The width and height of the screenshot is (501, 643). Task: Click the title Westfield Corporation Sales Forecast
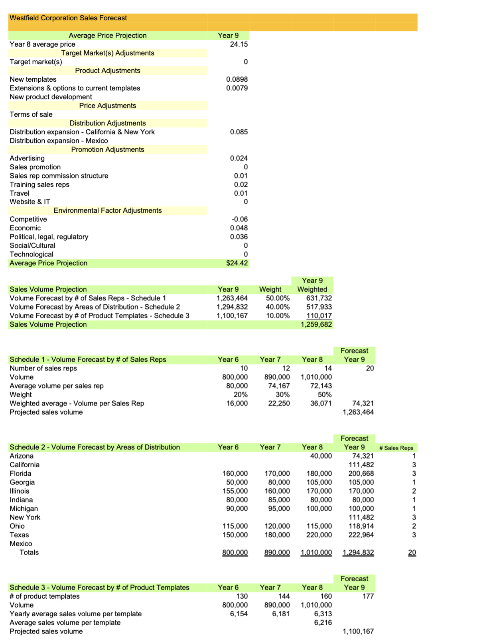[x=68, y=18]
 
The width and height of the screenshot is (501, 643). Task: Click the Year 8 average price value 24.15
[x=239, y=44]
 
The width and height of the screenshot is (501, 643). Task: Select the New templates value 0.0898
[x=237, y=79]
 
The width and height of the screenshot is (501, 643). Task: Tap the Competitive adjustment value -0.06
[x=239, y=219]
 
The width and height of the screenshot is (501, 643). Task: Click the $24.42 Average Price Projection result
[x=237, y=263]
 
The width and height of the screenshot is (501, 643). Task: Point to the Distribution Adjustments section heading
[x=108, y=123]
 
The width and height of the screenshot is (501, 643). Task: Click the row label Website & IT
[x=30, y=202]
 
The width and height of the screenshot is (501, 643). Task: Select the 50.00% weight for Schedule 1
[x=278, y=298]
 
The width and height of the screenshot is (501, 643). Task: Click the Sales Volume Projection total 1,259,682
[x=316, y=324]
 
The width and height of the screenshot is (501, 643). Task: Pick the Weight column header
[x=270, y=289]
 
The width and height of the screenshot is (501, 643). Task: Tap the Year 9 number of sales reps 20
[x=370, y=368]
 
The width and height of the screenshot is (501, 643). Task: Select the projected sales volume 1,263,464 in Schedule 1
[x=358, y=412]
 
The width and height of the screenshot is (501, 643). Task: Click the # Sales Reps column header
[x=396, y=448]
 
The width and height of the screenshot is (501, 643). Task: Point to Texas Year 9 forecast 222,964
[x=361, y=535]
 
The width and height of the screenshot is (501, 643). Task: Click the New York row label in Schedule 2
[x=25, y=517]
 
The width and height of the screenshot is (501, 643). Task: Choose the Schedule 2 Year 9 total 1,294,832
[x=358, y=552]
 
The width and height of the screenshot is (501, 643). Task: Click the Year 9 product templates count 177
[x=368, y=596]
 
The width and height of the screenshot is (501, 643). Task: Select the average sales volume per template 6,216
[x=323, y=622]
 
